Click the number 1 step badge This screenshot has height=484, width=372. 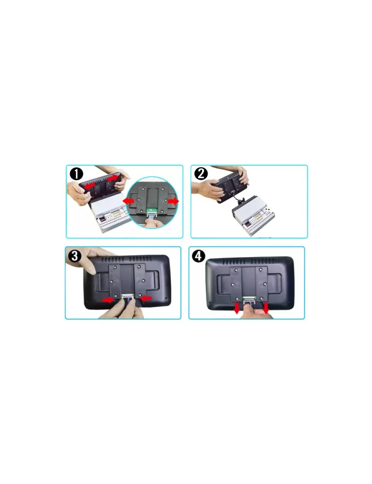click(76, 174)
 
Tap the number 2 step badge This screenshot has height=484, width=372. click(201, 174)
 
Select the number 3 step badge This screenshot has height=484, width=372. click(74, 256)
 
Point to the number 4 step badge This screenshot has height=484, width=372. click(198, 256)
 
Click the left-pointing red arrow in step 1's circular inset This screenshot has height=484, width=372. click(128, 201)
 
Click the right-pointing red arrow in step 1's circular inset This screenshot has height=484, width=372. click(173, 201)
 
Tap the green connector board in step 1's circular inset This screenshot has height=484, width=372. click(151, 210)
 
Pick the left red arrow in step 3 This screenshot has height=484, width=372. click(108, 300)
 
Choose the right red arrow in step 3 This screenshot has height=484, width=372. click(146, 298)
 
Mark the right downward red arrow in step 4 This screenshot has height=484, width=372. click(266, 308)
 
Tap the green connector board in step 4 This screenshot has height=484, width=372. click(249, 298)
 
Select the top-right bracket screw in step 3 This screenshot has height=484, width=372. click(139, 267)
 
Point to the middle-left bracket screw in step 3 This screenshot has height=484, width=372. click(112, 281)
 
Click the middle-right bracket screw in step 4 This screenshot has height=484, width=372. click(265, 284)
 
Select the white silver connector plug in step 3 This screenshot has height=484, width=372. click(128, 296)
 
